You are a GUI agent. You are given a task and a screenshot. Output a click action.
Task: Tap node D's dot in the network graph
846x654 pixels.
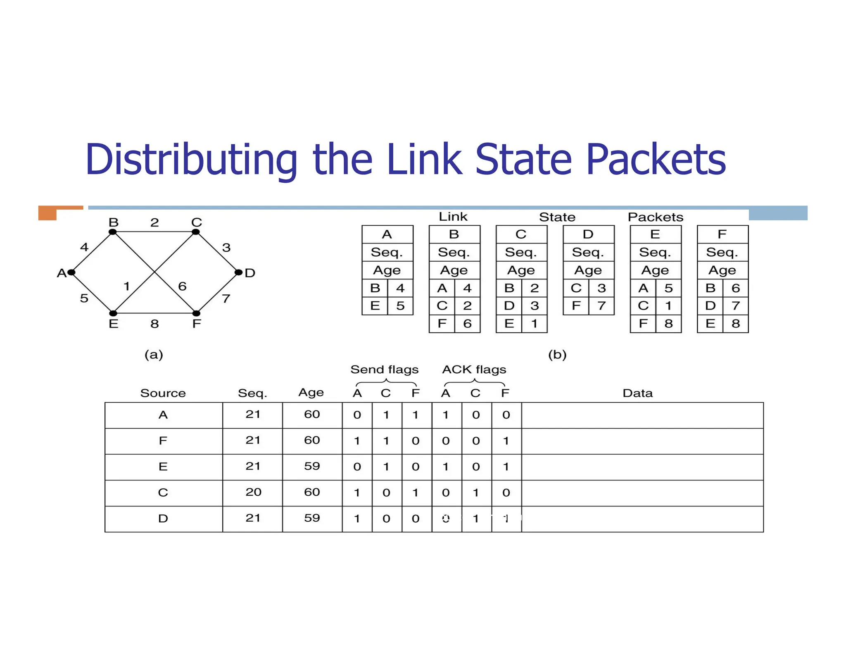[238, 272]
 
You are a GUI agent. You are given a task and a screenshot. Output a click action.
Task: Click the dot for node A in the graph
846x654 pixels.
[71, 272]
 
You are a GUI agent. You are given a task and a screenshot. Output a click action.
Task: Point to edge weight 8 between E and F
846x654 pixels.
[154, 324]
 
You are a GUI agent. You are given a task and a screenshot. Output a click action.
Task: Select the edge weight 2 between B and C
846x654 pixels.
[154, 223]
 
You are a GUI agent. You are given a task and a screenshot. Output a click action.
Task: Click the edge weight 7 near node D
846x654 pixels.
[226, 298]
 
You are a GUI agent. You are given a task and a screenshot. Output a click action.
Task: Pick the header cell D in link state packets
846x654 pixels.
[588, 234]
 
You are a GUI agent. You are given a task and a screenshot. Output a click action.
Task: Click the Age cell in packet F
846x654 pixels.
[722, 270]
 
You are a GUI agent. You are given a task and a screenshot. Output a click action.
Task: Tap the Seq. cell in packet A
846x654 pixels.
[387, 252]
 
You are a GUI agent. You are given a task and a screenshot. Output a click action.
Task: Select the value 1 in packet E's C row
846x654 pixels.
[668, 306]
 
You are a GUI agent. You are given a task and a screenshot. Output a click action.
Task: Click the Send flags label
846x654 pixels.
[384, 370]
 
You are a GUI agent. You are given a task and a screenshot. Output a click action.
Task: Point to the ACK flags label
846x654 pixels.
[474, 370]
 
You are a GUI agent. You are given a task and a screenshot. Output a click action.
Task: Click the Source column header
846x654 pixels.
[163, 393]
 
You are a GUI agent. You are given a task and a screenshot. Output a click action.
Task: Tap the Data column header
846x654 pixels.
[637, 393]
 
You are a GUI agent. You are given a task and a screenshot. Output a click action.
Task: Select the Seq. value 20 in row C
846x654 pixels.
[253, 492]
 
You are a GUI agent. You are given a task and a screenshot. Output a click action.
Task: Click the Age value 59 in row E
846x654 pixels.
[312, 466]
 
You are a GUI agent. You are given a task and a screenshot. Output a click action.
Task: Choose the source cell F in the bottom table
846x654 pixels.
[163, 441]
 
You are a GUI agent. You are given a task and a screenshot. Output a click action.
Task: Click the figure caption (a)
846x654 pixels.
[154, 355]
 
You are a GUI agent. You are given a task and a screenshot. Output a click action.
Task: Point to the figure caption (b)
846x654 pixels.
[557, 355]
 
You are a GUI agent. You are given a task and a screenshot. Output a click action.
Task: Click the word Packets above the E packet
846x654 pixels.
[655, 217]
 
